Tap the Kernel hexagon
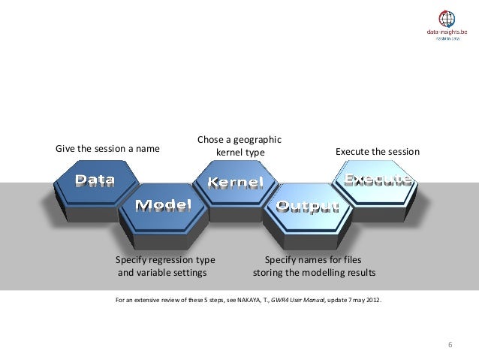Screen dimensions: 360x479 coord(235,183)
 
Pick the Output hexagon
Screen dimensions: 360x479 coord(306,206)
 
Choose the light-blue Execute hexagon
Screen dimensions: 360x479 coord(377,180)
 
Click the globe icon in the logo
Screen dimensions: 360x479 coord(447,20)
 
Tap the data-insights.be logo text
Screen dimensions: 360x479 coord(447,33)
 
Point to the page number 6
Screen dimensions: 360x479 coord(450,344)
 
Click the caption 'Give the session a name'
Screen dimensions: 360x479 coord(107,148)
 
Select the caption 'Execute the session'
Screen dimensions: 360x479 coord(378,152)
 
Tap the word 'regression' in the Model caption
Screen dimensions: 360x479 coord(167,259)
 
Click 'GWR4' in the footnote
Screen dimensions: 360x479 coord(282,300)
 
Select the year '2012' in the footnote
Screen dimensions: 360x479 coord(372,300)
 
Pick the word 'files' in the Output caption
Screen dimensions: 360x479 coord(349,259)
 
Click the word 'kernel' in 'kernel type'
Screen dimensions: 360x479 coord(228,153)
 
